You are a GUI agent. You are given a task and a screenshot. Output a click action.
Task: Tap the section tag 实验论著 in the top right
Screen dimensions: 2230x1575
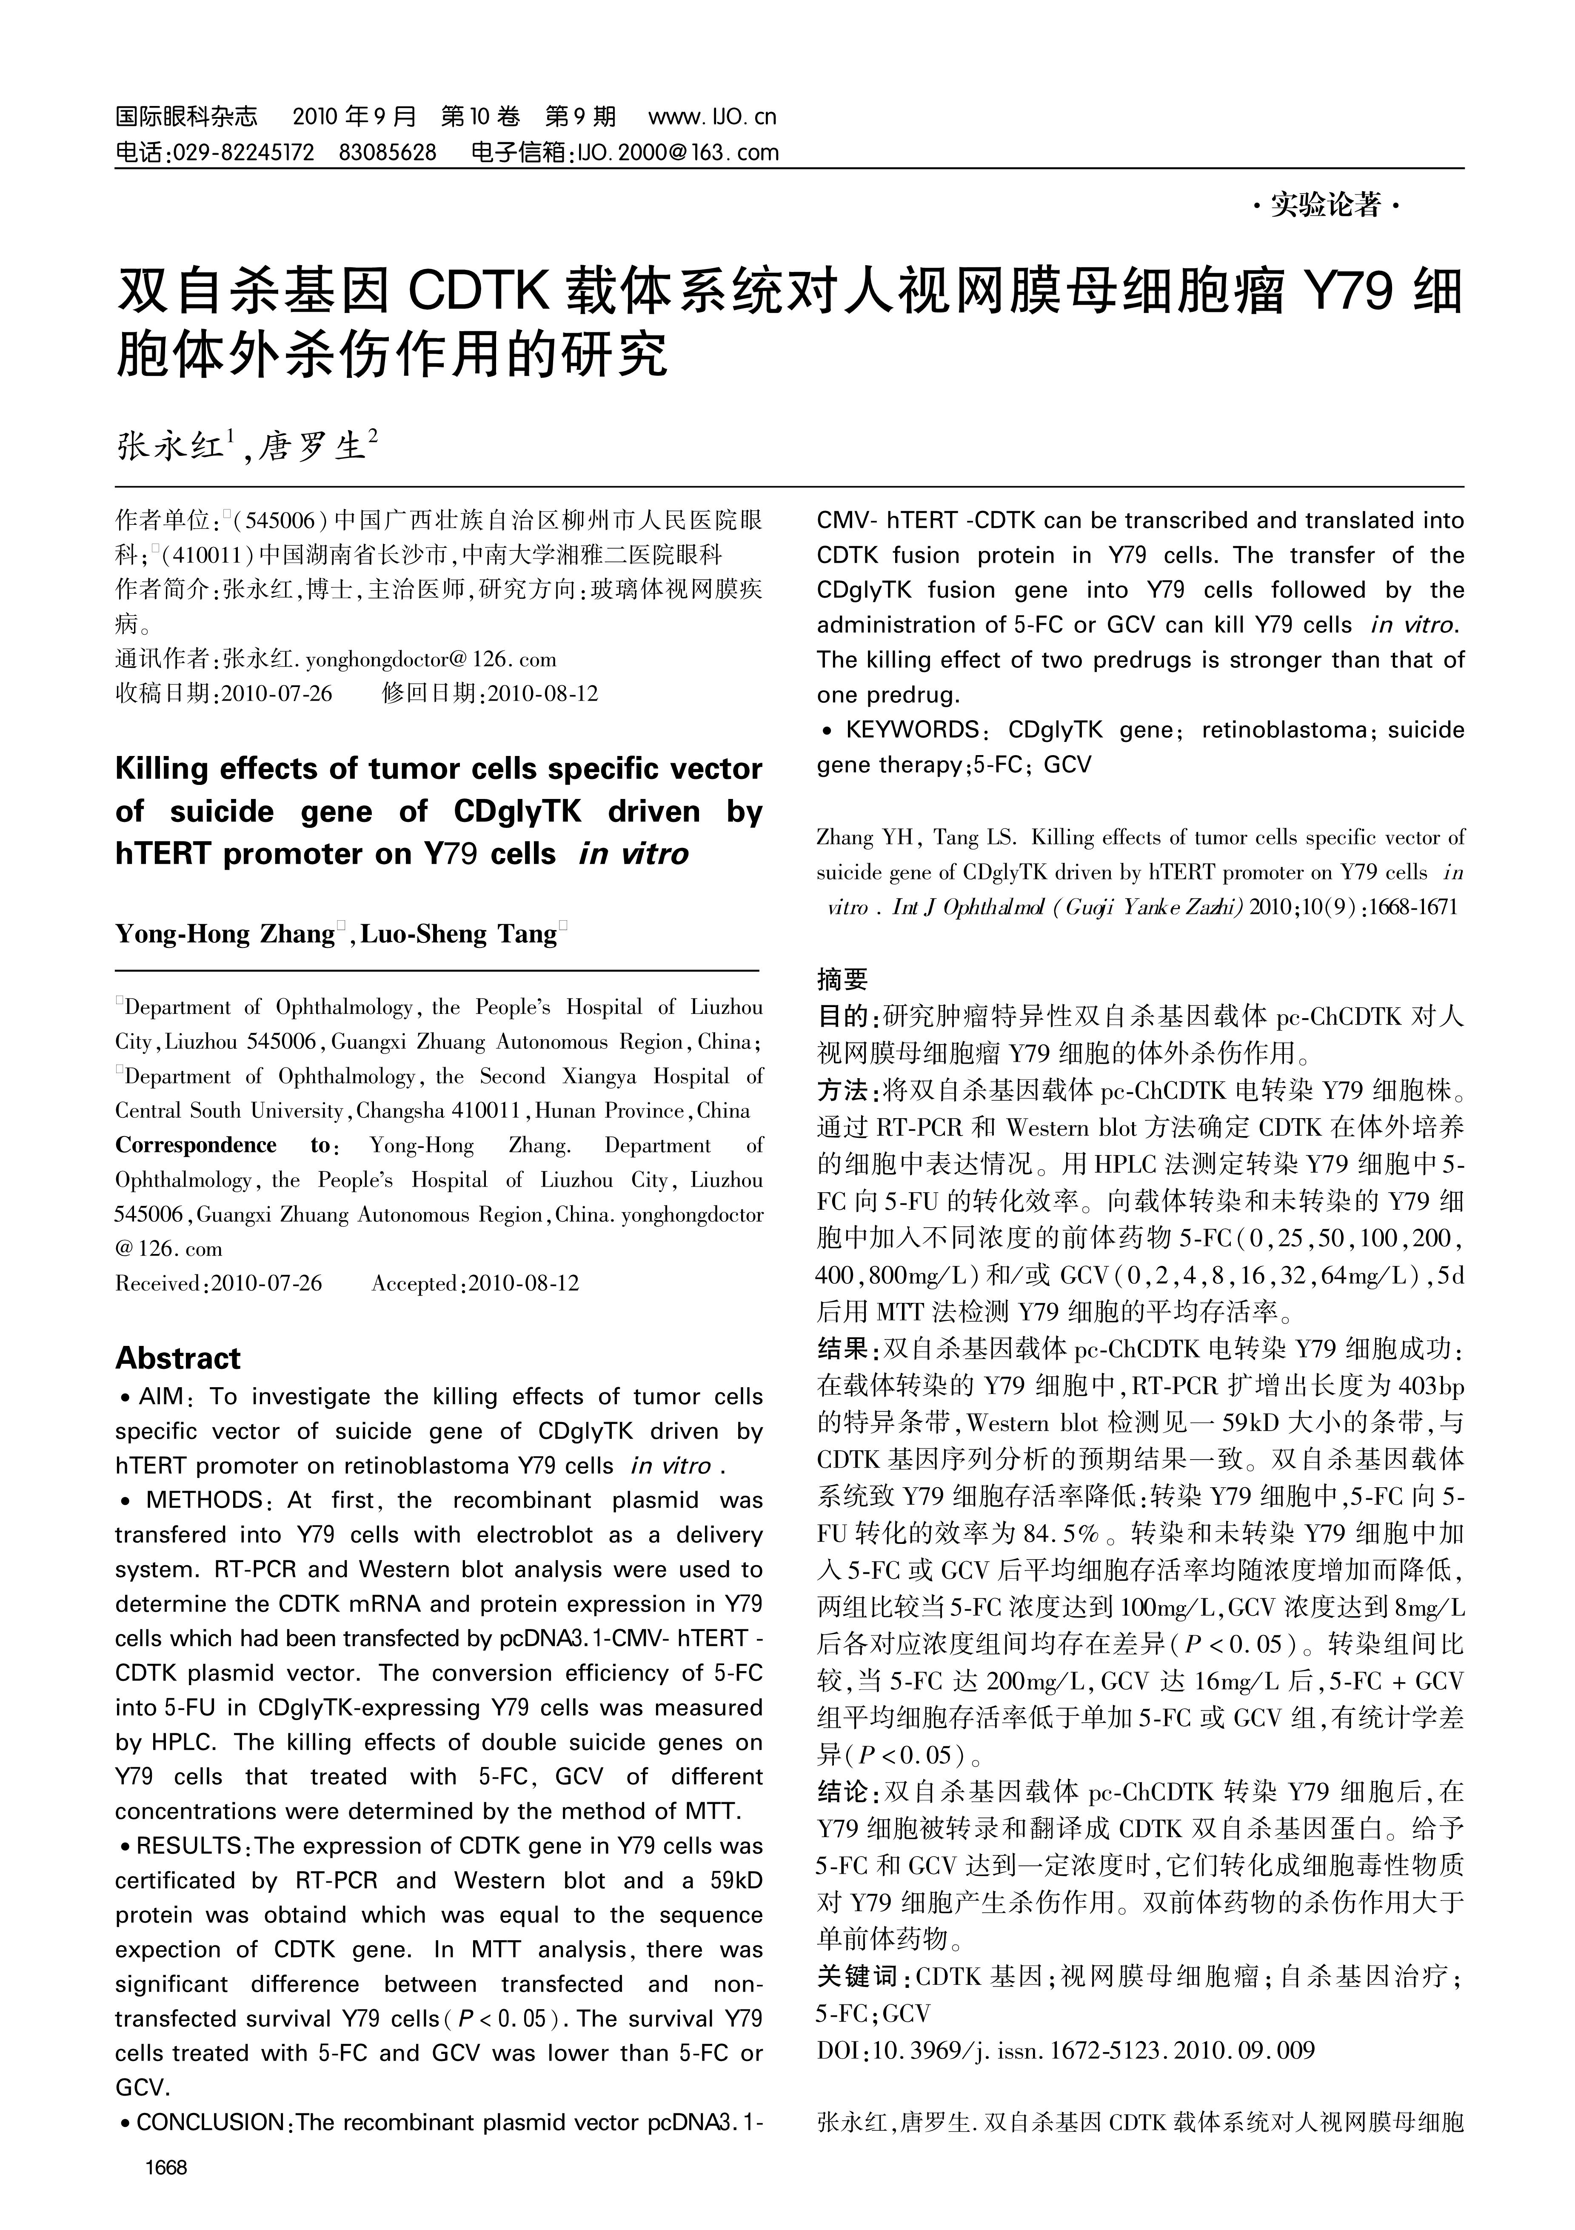point(1325,205)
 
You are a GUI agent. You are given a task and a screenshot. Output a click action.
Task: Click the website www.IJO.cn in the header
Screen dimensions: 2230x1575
point(712,117)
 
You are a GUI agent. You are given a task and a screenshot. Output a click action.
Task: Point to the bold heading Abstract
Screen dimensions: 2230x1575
point(178,1358)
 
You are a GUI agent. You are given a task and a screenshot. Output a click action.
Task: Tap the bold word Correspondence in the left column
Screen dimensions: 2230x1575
point(196,1145)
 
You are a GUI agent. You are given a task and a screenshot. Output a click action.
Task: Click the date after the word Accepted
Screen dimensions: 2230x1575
point(523,1283)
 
